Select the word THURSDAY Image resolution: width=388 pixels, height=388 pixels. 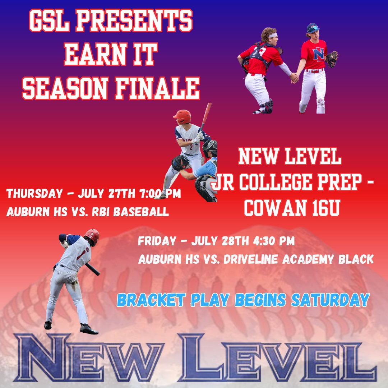pos(34,194)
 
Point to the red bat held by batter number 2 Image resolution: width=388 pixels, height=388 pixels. pos(206,115)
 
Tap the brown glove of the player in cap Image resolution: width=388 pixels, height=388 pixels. pos(332,58)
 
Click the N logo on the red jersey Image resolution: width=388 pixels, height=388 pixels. pos(318,54)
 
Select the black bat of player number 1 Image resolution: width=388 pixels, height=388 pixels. pos(92,269)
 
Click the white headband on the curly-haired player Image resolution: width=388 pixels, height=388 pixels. pos(273,36)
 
